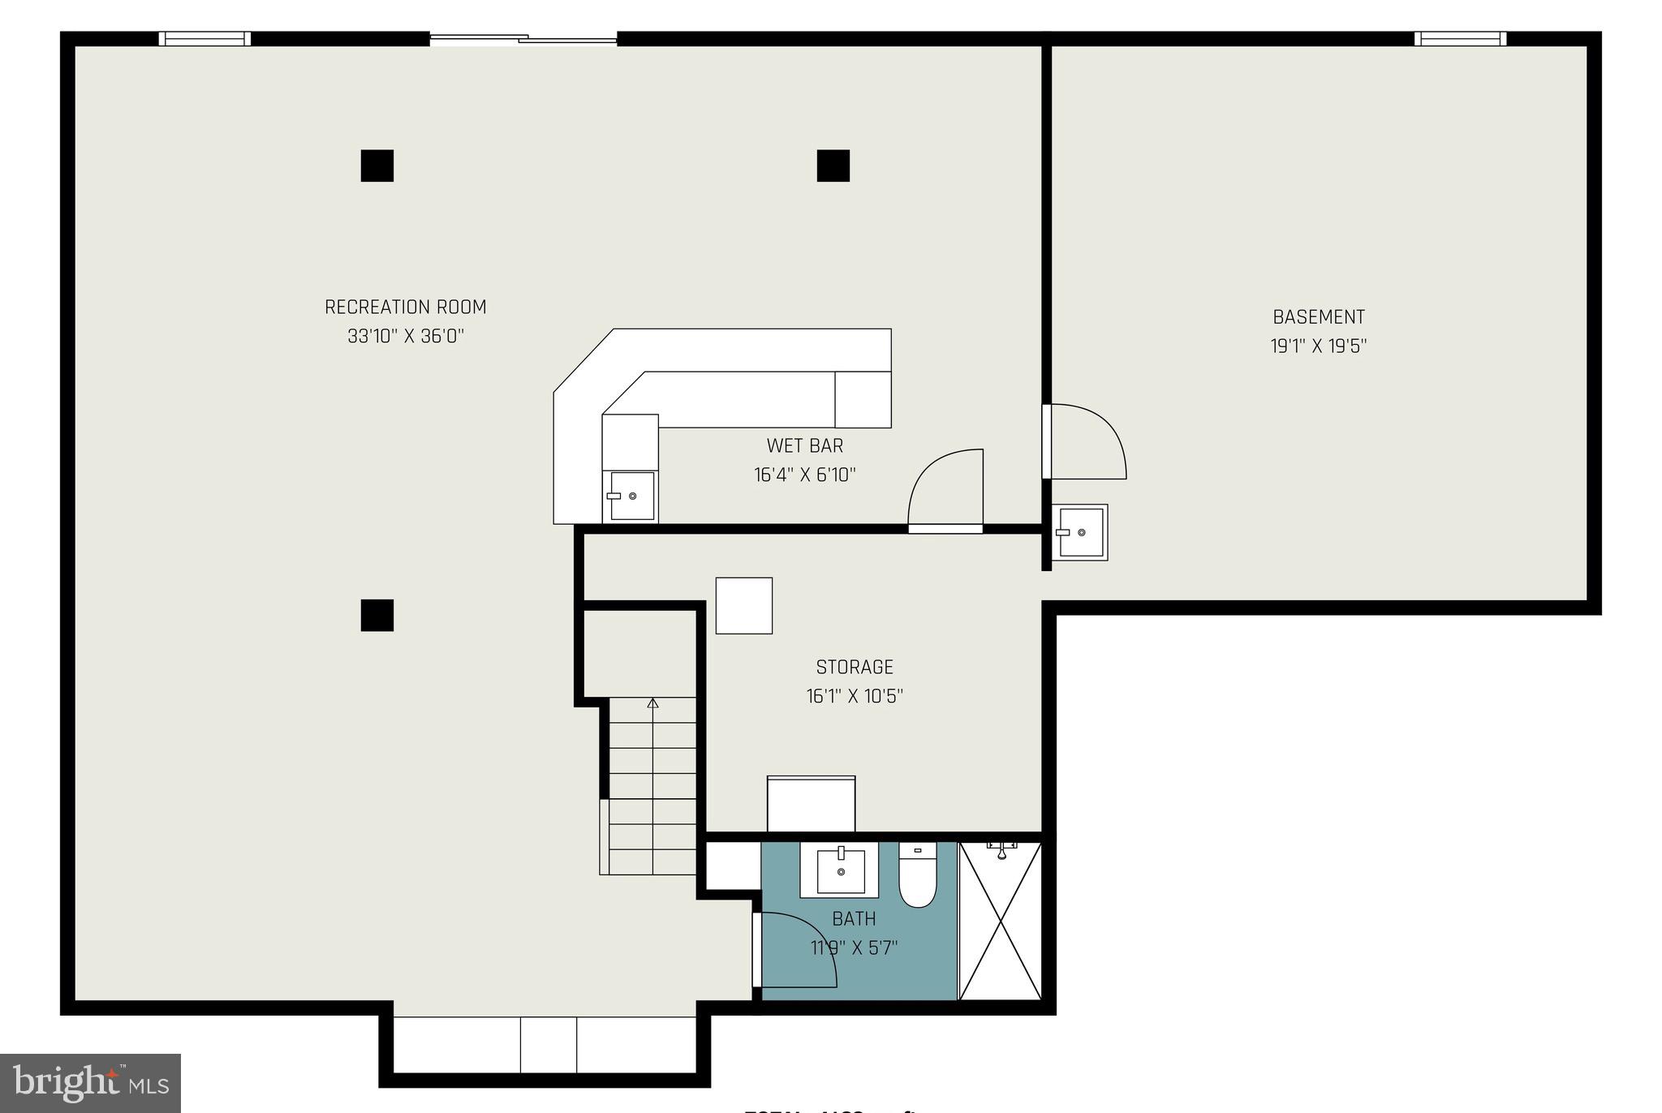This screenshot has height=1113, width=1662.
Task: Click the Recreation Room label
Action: (405, 307)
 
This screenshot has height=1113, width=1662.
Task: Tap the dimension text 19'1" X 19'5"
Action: (1318, 346)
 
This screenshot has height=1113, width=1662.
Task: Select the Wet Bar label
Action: (804, 445)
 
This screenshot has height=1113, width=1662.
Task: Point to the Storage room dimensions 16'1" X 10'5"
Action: (854, 696)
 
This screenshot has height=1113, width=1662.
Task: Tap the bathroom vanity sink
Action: (840, 870)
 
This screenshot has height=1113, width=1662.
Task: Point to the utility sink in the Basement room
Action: (1080, 532)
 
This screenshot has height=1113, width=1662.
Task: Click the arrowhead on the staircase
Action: (652, 703)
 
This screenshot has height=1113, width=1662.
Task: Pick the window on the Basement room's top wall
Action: (1460, 38)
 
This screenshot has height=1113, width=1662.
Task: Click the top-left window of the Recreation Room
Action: (205, 38)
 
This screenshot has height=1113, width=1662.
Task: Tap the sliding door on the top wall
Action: (523, 37)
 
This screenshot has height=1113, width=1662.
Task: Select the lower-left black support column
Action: (377, 615)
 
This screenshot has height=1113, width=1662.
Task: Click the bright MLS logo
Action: (90, 1083)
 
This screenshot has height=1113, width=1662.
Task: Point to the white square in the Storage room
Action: (743, 605)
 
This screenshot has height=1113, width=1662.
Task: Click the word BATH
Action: (854, 918)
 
